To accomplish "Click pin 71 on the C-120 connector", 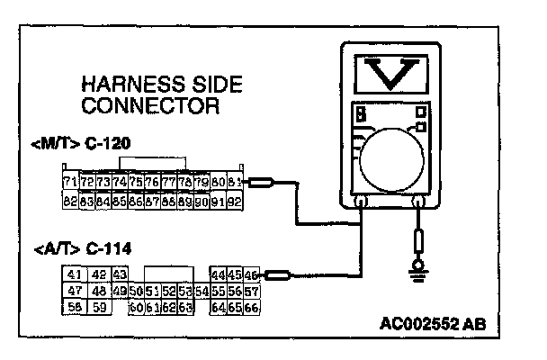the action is (x=70, y=184).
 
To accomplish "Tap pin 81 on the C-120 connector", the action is (x=232, y=184).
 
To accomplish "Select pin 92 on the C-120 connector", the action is (x=232, y=202).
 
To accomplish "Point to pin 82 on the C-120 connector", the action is (x=70, y=202).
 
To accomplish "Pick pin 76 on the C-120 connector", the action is (x=151, y=184).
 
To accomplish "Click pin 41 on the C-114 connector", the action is (x=74, y=274).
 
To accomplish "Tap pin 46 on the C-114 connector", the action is (x=251, y=274).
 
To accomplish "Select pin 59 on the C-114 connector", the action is (x=100, y=308).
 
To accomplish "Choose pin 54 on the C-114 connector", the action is (x=202, y=292).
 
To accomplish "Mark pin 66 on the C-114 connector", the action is (x=251, y=308).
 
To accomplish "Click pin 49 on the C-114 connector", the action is (x=121, y=292).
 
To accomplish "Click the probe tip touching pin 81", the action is (x=260, y=184).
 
